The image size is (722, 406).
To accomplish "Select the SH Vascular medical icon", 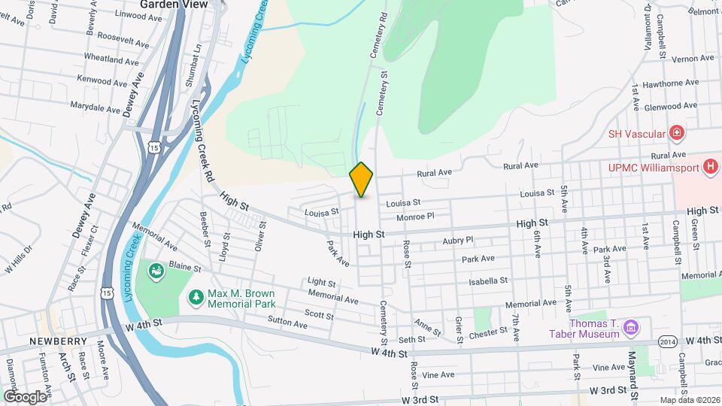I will pyautogui.click(x=677, y=134).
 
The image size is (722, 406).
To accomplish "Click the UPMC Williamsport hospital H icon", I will pyautogui.click(x=710, y=166).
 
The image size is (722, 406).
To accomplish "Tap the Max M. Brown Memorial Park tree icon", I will pyautogui.click(x=196, y=298).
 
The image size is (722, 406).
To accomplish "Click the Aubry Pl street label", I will pyautogui.click(x=458, y=240).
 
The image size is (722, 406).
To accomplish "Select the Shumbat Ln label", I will pyautogui.click(x=199, y=59).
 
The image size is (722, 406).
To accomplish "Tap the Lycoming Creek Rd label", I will pyautogui.click(x=199, y=140).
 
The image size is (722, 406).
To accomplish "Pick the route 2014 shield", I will pyautogui.click(x=667, y=341).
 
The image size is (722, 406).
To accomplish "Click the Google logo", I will pyautogui.click(x=25, y=396).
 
